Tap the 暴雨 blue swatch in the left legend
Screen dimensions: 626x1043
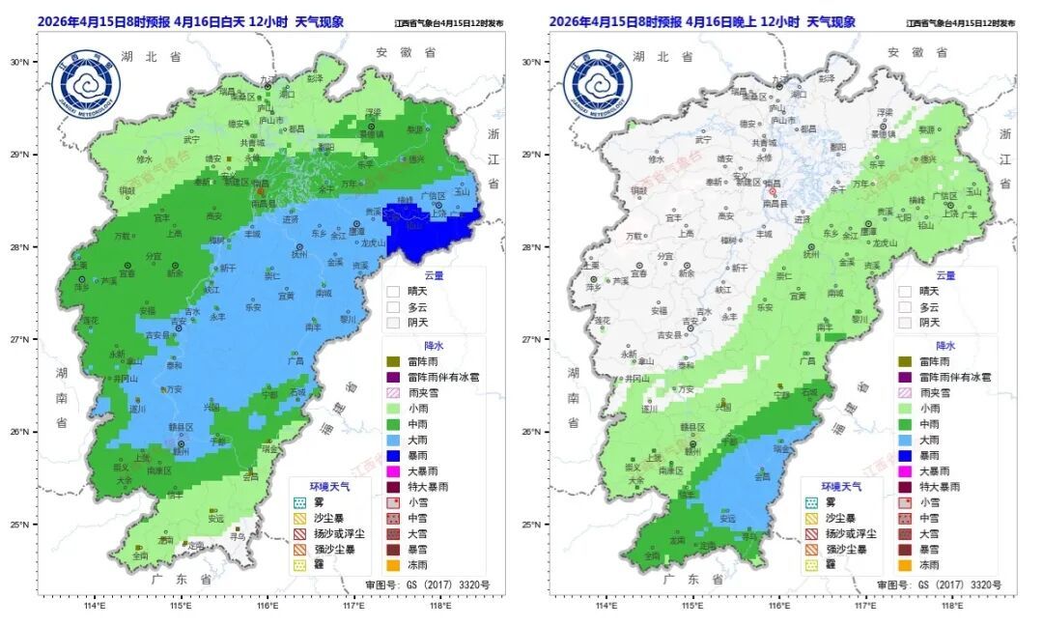point(393,455)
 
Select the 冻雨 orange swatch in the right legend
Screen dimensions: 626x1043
point(905,565)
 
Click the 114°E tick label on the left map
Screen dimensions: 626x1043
point(94,607)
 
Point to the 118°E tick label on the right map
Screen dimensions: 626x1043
point(952,607)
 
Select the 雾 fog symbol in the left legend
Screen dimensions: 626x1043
point(299,502)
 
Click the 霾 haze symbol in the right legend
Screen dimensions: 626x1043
point(811,565)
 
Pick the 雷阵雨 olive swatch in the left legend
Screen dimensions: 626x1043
point(393,361)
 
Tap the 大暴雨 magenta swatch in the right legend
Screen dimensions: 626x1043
point(905,471)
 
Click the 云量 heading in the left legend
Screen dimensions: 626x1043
point(434,275)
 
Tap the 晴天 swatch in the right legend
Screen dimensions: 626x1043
point(905,291)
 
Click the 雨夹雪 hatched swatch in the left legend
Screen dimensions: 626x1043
point(393,392)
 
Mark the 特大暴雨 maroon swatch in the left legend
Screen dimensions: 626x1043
point(393,487)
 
